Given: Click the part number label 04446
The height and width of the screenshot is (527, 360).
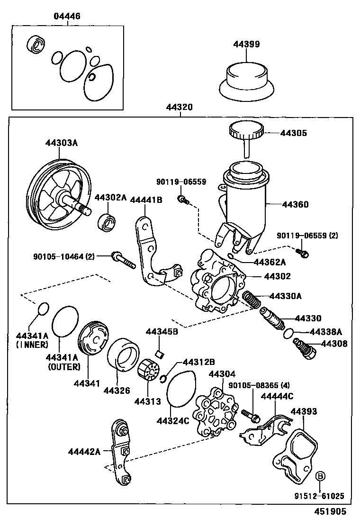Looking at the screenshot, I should [67, 16].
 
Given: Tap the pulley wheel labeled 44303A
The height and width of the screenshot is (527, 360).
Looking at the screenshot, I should [58, 194].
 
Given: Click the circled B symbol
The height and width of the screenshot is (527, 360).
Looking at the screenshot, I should [320, 476].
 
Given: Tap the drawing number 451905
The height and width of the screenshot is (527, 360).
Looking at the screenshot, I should [329, 512].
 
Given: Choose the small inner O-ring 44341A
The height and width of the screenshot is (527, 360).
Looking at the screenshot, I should [43, 309].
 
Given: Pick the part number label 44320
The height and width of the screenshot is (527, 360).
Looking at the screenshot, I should [179, 108].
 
